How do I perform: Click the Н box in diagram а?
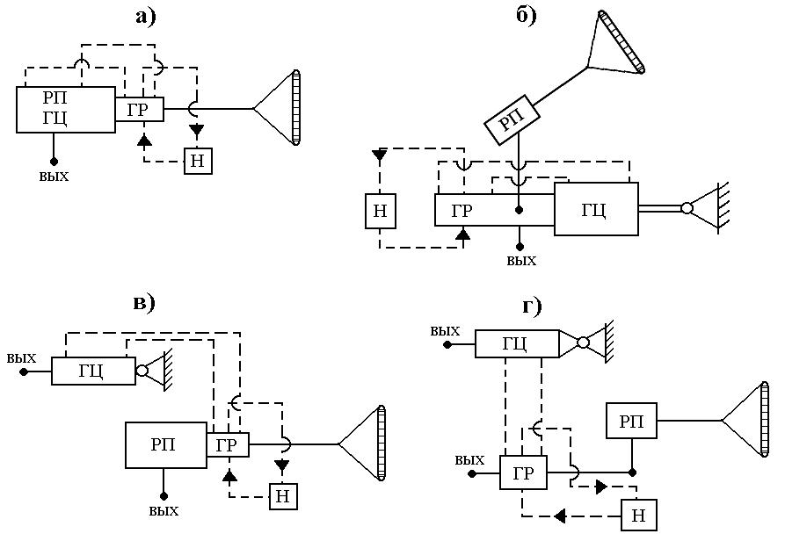(199, 161)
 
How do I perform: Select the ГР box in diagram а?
(139, 109)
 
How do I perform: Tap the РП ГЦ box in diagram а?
(66, 110)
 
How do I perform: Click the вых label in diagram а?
(54, 177)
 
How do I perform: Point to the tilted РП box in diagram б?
(512, 119)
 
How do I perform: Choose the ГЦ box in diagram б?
(596, 209)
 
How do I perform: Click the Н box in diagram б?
(381, 211)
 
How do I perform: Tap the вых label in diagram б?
(521, 261)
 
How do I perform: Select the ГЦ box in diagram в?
(93, 371)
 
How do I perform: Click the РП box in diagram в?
(166, 445)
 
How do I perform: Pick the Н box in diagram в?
(283, 496)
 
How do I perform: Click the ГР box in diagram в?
(228, 444)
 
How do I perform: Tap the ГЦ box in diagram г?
(517, 343)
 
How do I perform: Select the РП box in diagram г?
(631, 421)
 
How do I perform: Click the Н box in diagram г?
(639, 515)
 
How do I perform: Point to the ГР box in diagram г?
(523, 472)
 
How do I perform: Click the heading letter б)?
(527, 16)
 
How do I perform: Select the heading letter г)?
(532, 306)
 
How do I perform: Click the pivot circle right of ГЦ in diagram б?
(687, 208)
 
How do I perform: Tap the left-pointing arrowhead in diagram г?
(560, 516)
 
